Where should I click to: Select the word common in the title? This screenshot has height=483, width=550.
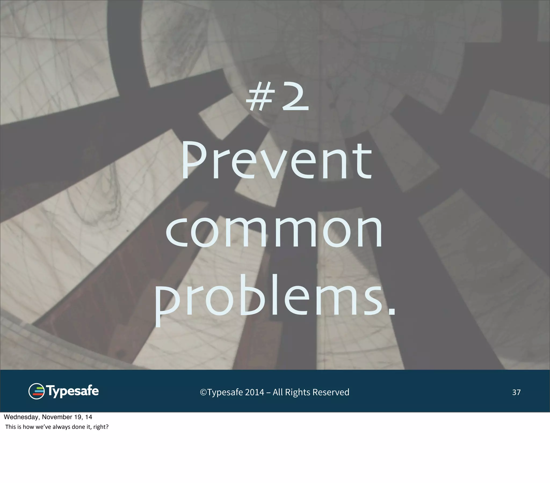274,231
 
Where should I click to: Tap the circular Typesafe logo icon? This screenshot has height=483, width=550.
36,391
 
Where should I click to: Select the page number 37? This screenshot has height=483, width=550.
516,392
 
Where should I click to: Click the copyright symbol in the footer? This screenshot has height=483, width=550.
203,392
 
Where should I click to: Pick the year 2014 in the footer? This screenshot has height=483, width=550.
255,392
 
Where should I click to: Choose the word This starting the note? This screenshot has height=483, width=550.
10,427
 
